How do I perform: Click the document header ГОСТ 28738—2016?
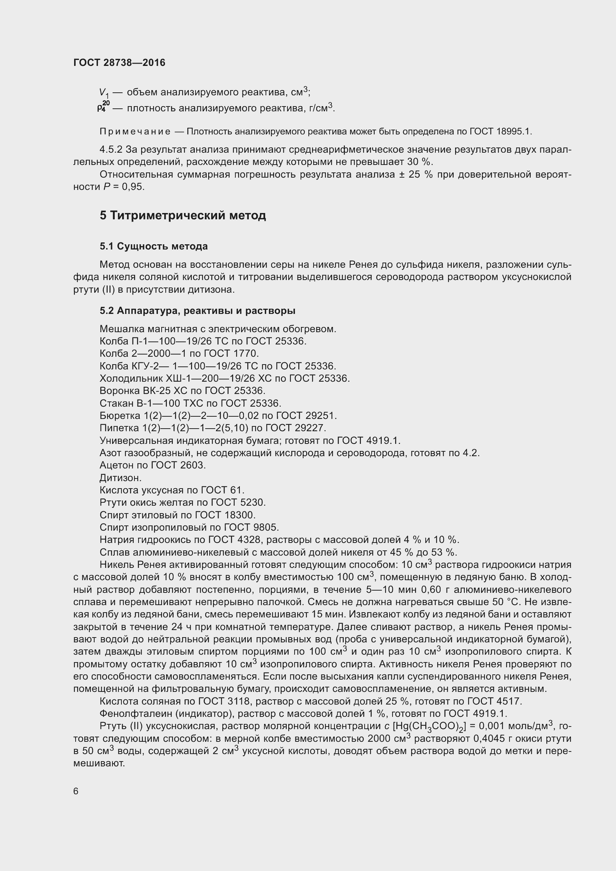pos(119,63)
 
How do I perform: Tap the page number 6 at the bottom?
pos(76,791)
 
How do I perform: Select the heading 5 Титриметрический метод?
pos(182,216)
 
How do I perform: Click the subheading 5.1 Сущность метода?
pos(153,246)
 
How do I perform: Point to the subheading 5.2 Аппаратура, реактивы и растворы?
pos(197,311)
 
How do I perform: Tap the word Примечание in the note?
pos(135,131)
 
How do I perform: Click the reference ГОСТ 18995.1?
pos(500,131)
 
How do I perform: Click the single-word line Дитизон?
pos(120,478)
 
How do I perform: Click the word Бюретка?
pos(120,416)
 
